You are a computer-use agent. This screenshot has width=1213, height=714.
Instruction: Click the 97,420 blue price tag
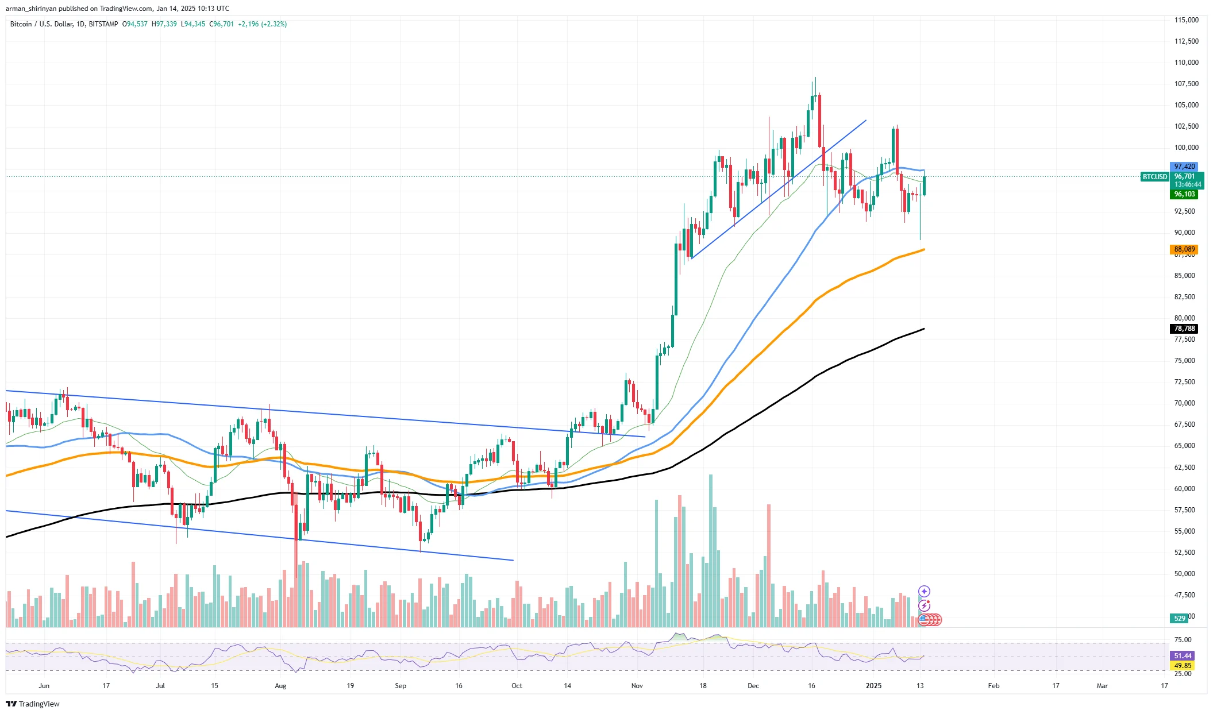coord(1184,167)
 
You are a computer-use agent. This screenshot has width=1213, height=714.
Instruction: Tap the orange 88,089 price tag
coord(1184,249)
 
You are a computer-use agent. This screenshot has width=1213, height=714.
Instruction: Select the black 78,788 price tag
coord(1184,329)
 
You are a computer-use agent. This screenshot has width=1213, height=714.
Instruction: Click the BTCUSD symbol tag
coord(1154,177)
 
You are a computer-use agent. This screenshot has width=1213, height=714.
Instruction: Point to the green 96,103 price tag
coord(1184,194)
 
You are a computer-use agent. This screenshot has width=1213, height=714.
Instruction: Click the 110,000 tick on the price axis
coord(1186,63)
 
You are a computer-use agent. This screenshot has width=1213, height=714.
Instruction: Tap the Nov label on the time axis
coord(637,686)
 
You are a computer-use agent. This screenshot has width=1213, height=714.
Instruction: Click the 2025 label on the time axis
coord(873,686)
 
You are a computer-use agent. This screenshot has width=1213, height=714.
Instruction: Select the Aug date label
coord(280,686)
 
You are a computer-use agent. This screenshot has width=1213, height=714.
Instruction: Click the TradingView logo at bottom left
coord(33,704)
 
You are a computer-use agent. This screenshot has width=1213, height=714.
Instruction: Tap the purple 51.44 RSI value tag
coord(1183,656)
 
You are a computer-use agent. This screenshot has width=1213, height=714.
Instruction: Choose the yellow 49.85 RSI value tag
coord(1183,666)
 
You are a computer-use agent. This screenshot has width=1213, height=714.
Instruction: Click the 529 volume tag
coord(1179,619)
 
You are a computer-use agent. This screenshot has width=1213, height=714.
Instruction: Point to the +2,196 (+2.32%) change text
coord(262,24)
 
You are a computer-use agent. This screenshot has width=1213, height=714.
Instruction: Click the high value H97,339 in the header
coord(164,24)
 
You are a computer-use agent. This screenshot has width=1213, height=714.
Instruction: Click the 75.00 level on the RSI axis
coord(1183,640)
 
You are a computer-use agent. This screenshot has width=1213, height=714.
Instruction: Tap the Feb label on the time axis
coord(993,686)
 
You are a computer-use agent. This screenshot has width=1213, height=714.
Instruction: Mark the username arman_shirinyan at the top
coord(31,9)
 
